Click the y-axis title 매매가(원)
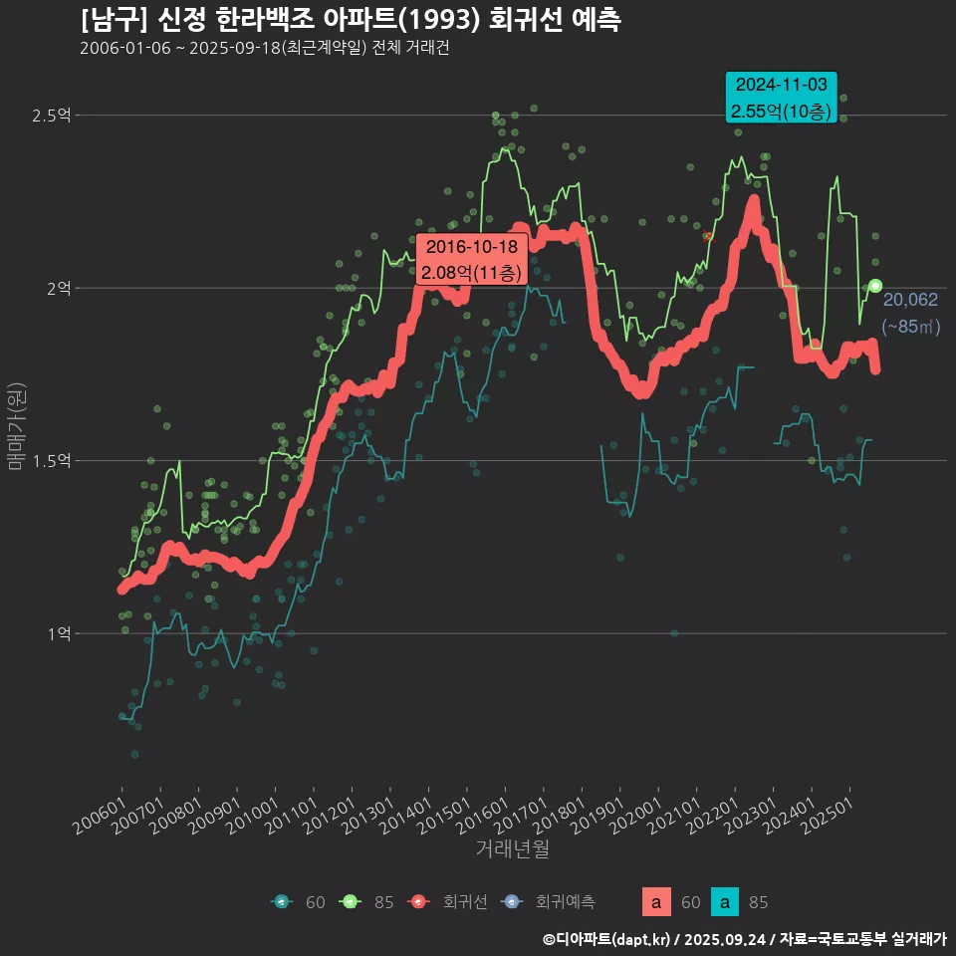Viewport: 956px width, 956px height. click(x=16, y=427)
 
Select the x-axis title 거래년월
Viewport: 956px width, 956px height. click(x=512, y=849)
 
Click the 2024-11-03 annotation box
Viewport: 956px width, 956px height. click(x=781, y=98)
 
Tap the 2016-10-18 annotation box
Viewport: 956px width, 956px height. click(x=471, y=259)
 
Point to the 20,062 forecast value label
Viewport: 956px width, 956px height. click(x=910, y=300)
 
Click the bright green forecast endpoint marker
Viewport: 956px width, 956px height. click(x=875, y=286)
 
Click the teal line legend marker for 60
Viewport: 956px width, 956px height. click(x=282, y=902)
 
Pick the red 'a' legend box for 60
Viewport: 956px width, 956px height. click(x=655, y=902)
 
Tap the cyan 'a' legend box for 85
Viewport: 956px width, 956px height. click(x=725, y=902)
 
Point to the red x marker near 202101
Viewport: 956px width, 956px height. click(x=708, y=236)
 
